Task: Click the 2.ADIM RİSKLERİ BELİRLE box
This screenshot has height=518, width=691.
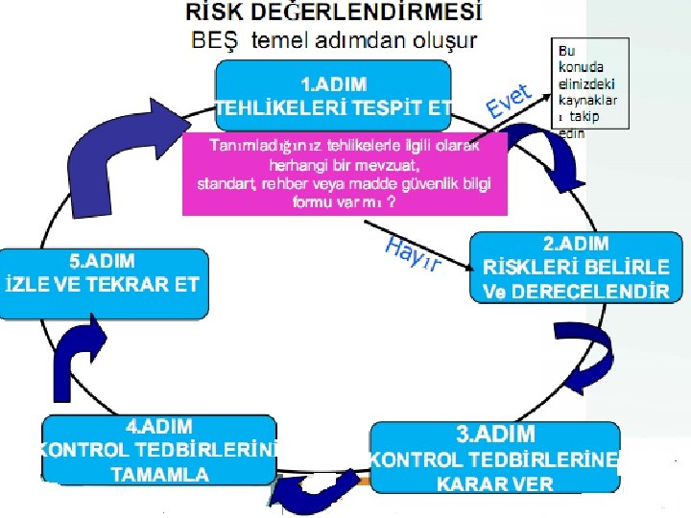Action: click(570, 268)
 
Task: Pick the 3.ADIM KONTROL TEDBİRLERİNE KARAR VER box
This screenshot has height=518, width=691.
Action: click(495, 459)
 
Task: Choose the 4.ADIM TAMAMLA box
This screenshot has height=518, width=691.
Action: click(159, 449)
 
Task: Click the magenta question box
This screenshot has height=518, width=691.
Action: click(344, 173)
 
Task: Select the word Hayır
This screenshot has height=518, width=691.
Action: click(412, 253)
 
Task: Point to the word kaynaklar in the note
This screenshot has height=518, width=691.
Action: click(586, 99)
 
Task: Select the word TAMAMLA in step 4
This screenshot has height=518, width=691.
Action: click(159, 474)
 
